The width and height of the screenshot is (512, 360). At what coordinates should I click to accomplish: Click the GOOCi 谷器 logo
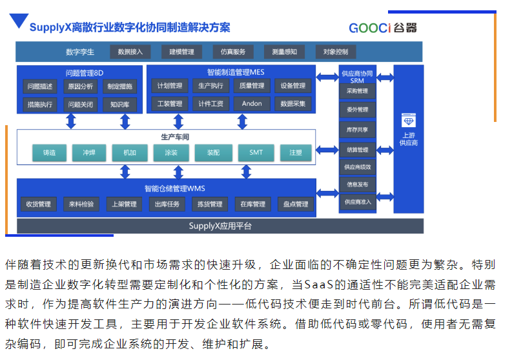pyautogui.click(x=382, y=28)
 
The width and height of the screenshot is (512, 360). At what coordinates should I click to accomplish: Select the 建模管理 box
pyautogui.click(x=181, y=52)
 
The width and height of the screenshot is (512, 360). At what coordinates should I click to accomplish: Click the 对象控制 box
pyautogui.click(x=336, y=52)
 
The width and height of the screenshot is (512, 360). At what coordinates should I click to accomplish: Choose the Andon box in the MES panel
pyautogui.click(x=252, y=103)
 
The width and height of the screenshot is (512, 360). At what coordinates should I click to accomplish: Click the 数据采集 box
pyautogui.click(x=293, y=103)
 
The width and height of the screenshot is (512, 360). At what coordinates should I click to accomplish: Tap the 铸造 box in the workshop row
pyautogui.click(x=50, y=153)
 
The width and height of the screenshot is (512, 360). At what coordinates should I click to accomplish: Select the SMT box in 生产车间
pyautogui.click(x=256, y=153)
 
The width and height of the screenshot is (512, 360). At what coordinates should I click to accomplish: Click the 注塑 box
pyautogui.click(x=296, y=153)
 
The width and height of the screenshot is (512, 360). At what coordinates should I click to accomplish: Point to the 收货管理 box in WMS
pyautogui.click(x=38, y=205)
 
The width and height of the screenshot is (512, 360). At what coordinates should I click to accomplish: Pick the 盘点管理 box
pyautogui.click(x=296, y=205)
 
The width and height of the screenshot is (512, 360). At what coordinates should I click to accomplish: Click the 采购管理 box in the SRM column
pyautogui.click(x=357, y=91)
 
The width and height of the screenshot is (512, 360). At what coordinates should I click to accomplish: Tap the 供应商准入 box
pyautogui.click(x=357, y=202)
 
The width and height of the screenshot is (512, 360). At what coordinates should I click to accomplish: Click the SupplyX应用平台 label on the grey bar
pyautogui.click(x=220, y=226)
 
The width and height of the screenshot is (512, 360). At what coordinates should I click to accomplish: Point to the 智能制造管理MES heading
pyautogui.click(x=231, y=72)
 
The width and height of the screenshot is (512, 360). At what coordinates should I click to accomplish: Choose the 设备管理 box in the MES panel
pyautogui.click(x=293, y=86)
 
